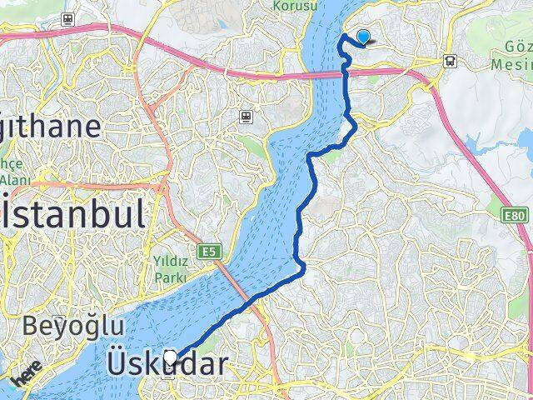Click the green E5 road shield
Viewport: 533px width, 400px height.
[x=207, y=250]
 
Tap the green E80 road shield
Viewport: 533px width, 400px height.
[x=516, y=216]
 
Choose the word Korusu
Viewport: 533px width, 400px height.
[x=295, y=5]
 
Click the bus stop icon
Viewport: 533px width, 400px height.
[x=450, y=60]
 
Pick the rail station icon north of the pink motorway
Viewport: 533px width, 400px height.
[x=67, y=18]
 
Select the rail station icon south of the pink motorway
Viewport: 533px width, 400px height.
[x=246, y=117]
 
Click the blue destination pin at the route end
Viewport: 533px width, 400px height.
[x=363, y=37]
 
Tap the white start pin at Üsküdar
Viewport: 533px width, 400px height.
[x=172, y=358]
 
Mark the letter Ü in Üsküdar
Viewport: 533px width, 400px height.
[x=119, y=364]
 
